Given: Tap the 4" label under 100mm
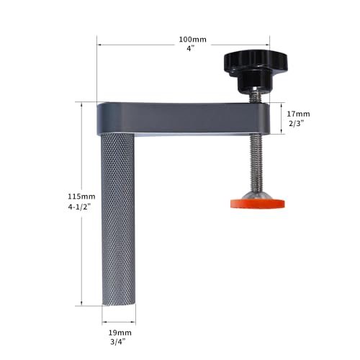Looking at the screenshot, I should [189, 49].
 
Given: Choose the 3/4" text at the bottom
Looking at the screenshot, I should [117, 344].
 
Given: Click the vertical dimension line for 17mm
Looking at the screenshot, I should [283, 120].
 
